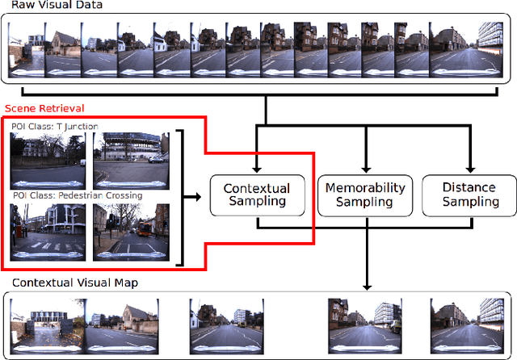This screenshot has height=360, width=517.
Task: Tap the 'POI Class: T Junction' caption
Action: coord(55,126)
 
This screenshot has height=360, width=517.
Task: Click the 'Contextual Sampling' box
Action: coord(256,195)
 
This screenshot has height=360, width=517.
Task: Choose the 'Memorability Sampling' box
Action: coord(364,195)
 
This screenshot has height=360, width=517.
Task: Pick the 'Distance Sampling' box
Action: coord(469,195)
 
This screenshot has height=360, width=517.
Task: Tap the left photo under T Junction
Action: coord(48,161)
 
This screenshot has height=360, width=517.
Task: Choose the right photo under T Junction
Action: coord(131,161)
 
